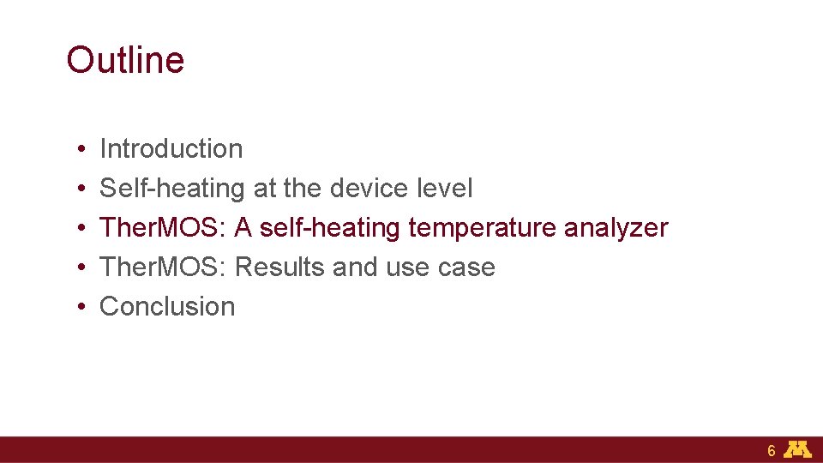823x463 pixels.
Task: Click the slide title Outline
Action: click(x=125, y=60)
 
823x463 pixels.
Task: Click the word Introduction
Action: click(x=171, y=148)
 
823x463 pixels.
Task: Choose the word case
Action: click(x=466, y=267)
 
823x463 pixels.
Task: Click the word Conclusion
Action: click(x=167, y=306)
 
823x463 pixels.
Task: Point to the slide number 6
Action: click(x=772, y=451)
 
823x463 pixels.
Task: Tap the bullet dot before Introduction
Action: click(x=78, y=150)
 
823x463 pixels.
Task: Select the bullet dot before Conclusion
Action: click(x=78, y=308)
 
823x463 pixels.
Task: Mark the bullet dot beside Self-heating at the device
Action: click(x=78, y=189)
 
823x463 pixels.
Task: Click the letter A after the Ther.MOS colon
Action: click(x=243, y=227)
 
